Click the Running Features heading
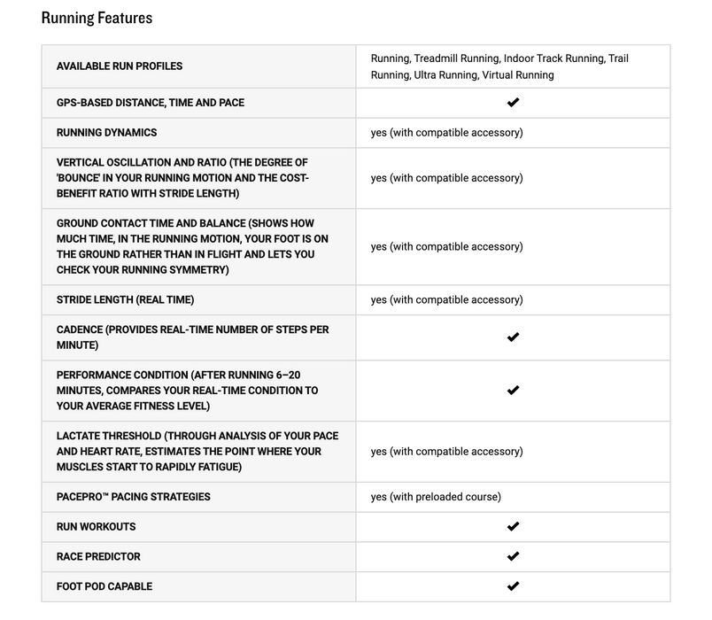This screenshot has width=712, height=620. [x=97, y=18]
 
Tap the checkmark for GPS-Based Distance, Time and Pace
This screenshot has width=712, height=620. [x=513, y=103]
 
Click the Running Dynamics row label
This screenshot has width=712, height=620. [x=106, y=133]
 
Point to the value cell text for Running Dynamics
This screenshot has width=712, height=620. [x=446, y=133]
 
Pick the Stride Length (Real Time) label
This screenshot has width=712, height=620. [x=125, y=300]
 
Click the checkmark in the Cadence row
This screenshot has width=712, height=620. [x=513, y=337]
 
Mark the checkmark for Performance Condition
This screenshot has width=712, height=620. [x=513, y=391]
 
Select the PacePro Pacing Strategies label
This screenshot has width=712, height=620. [x=133, y=497]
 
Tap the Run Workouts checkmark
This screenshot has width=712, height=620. [x=513, y=527]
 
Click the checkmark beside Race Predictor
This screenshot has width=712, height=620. [x=513, y=556]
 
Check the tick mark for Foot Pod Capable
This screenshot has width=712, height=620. [x=513, y=586]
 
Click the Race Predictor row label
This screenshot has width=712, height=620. [x=98, y=556]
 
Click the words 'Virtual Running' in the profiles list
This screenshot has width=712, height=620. [x=518, y=75]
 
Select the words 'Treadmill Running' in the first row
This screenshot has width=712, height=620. [x=457, y=58]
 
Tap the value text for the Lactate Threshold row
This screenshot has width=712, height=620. [x=446, y=452]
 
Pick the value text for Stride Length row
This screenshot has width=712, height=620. [x=446, y=300]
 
